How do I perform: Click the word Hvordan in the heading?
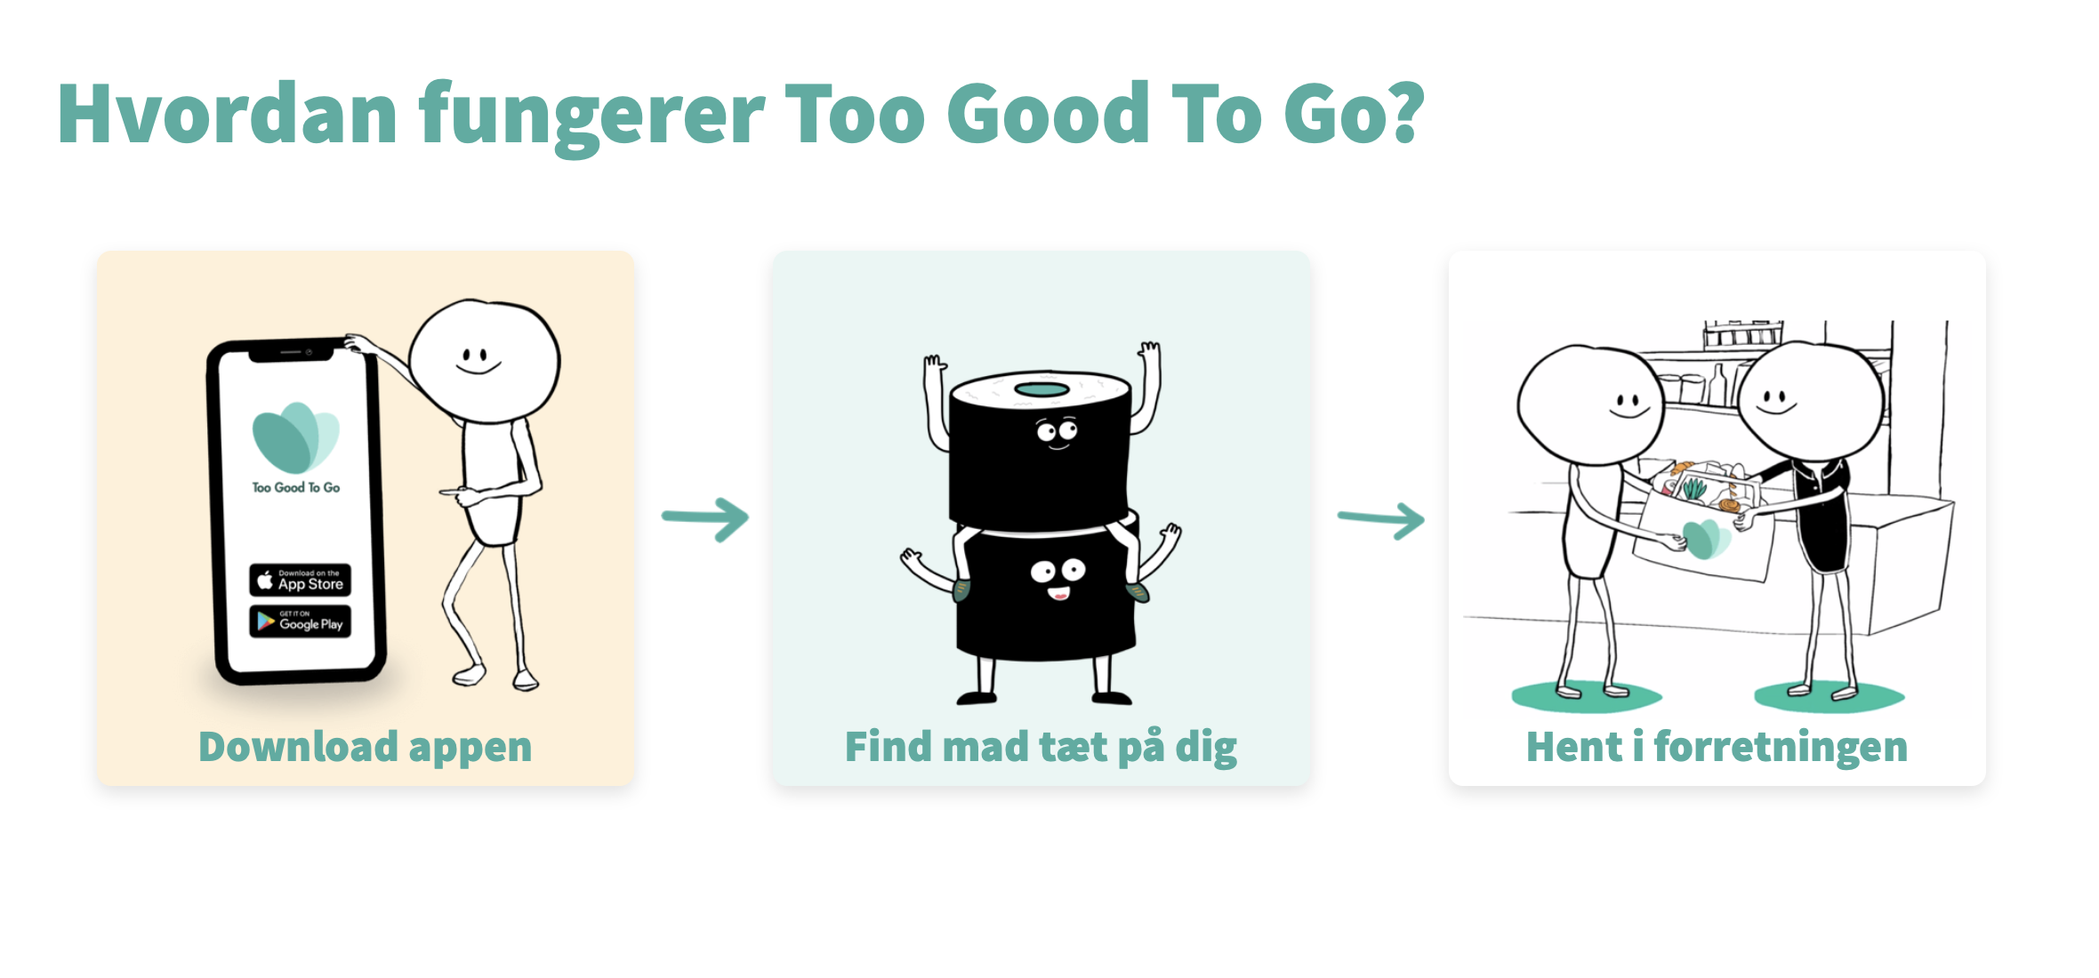pyautogui.click(x=228, y=114)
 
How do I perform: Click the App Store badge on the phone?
pyautogui.click(x=300, y=580)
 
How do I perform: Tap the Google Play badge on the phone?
pyautogui.click(x=300, y=621)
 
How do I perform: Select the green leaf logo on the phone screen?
pyautogui.click(x=295, y=437)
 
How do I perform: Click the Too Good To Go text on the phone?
pyautogui.click(x=295, y=487)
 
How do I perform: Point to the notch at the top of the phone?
pyautogui.click(x=291, y=354)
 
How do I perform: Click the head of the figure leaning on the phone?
pyautogui.click(x=485, y=360)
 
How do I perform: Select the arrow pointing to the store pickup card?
pyautogui.click(x=1381, y=520)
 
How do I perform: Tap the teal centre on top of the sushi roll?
pyautogui.click(x=1041, y=389)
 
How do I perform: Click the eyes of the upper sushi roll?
pyautogui.click(x=1057, y=431)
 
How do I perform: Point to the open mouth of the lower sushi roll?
pyautogui.click(x=1058, y=593)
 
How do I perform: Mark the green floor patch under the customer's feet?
pyautogui.click(x=1587, y=696)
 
